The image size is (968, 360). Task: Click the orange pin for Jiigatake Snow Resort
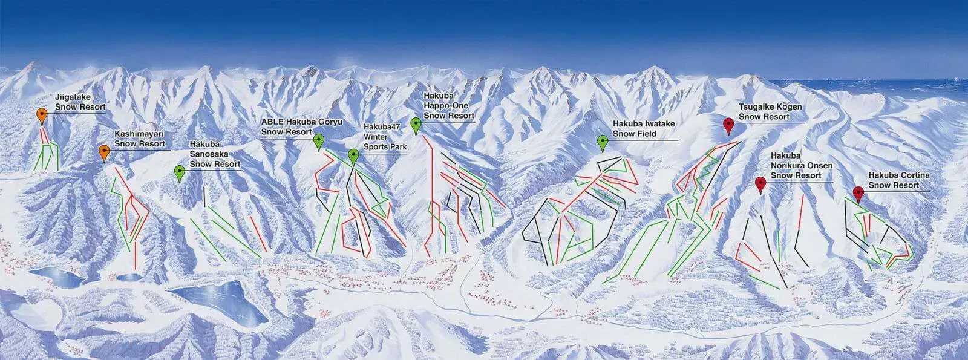pos(42,114)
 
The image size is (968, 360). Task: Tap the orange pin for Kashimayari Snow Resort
pos(104,151)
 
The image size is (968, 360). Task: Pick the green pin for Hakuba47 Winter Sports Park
pos(353,155)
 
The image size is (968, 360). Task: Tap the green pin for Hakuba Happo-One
pos(416,124)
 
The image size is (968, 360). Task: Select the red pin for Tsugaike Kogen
pos(729,125)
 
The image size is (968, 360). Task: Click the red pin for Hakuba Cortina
pos(858,193)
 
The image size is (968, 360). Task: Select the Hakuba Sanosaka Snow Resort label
pos(214,154)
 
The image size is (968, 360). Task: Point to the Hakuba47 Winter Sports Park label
pos(384,137)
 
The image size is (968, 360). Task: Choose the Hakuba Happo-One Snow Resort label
pos(448,105)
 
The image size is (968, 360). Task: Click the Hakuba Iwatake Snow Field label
pos(644,129)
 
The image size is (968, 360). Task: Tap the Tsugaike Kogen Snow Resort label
pos(770,112)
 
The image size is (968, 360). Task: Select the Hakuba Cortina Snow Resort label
pos(898,180)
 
